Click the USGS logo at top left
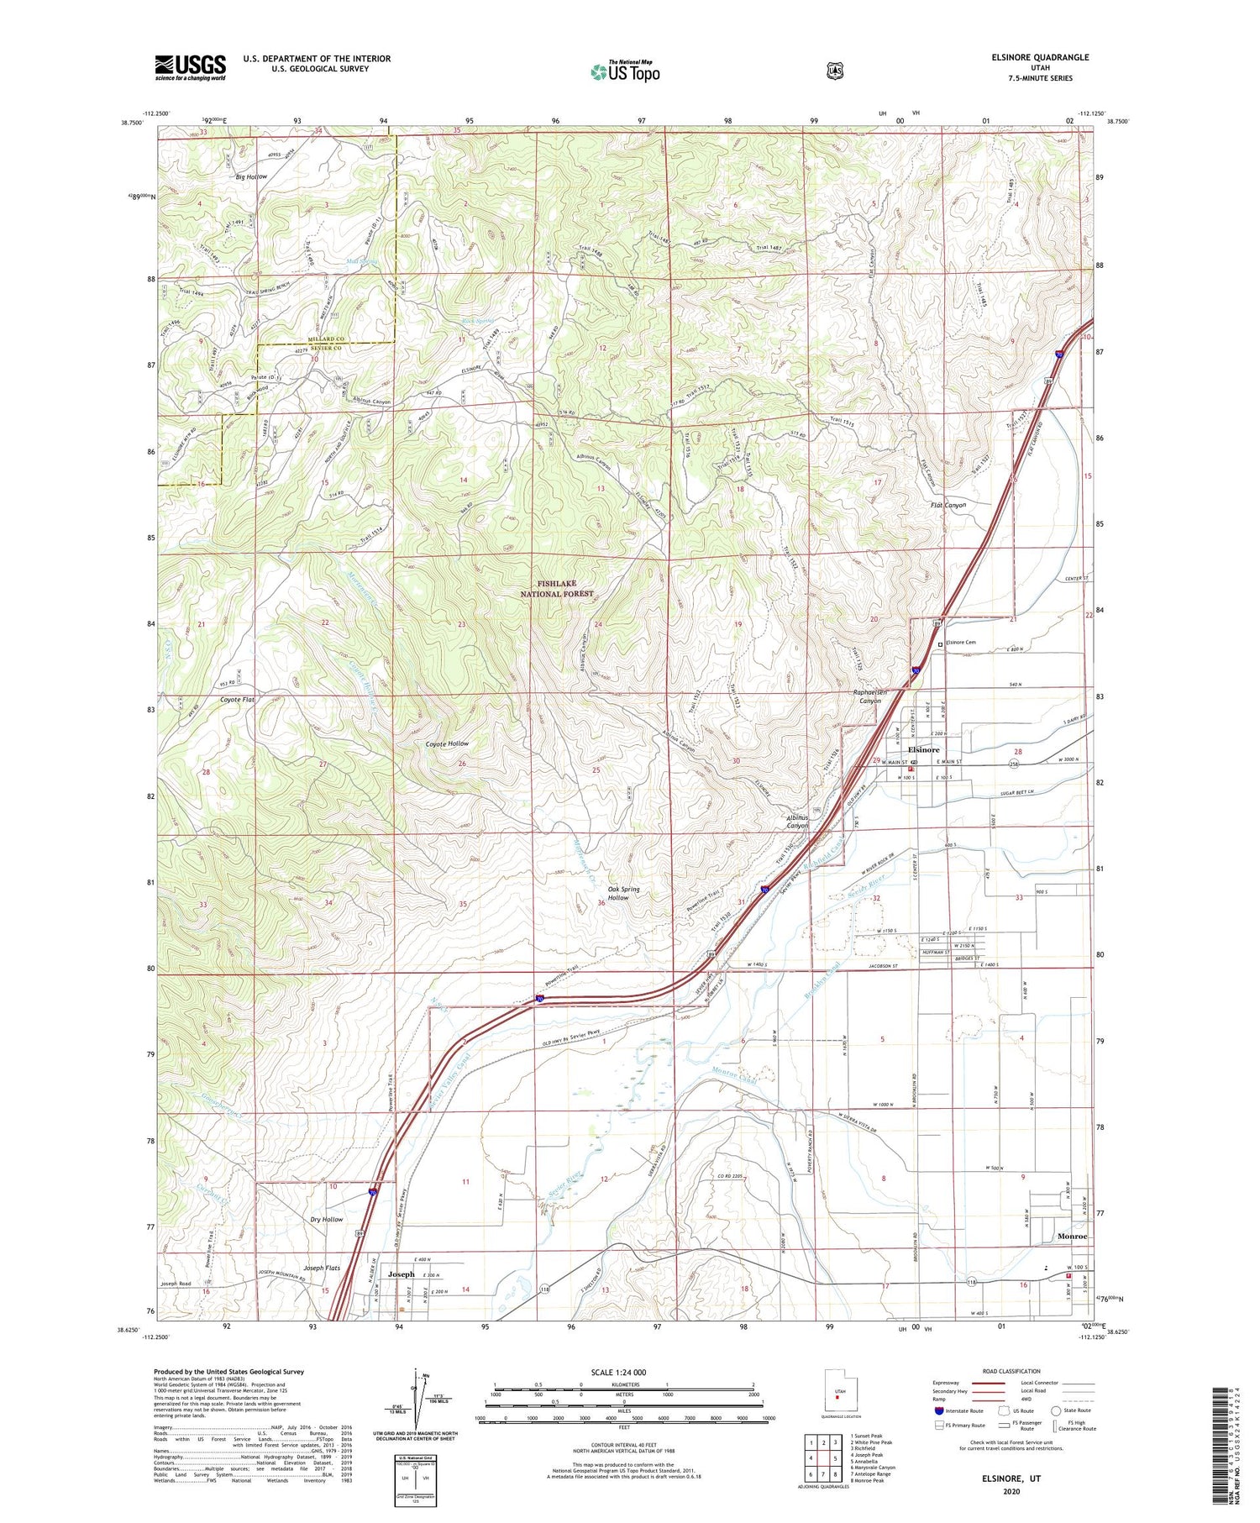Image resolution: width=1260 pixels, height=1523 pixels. point(191,67)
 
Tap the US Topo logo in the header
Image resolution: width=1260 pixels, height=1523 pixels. point(625,71)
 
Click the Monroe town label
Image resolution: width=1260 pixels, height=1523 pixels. point(1072,1237)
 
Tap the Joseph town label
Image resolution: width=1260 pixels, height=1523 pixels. point(401,1274)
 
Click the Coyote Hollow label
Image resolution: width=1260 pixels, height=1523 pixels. point(447,743)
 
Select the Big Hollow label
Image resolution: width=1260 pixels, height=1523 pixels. point(251,176)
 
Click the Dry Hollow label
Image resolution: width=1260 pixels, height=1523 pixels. point(327,1219)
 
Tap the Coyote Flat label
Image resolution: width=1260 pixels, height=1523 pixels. point(237,699)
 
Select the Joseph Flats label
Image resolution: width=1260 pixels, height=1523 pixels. point(325,1268)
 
